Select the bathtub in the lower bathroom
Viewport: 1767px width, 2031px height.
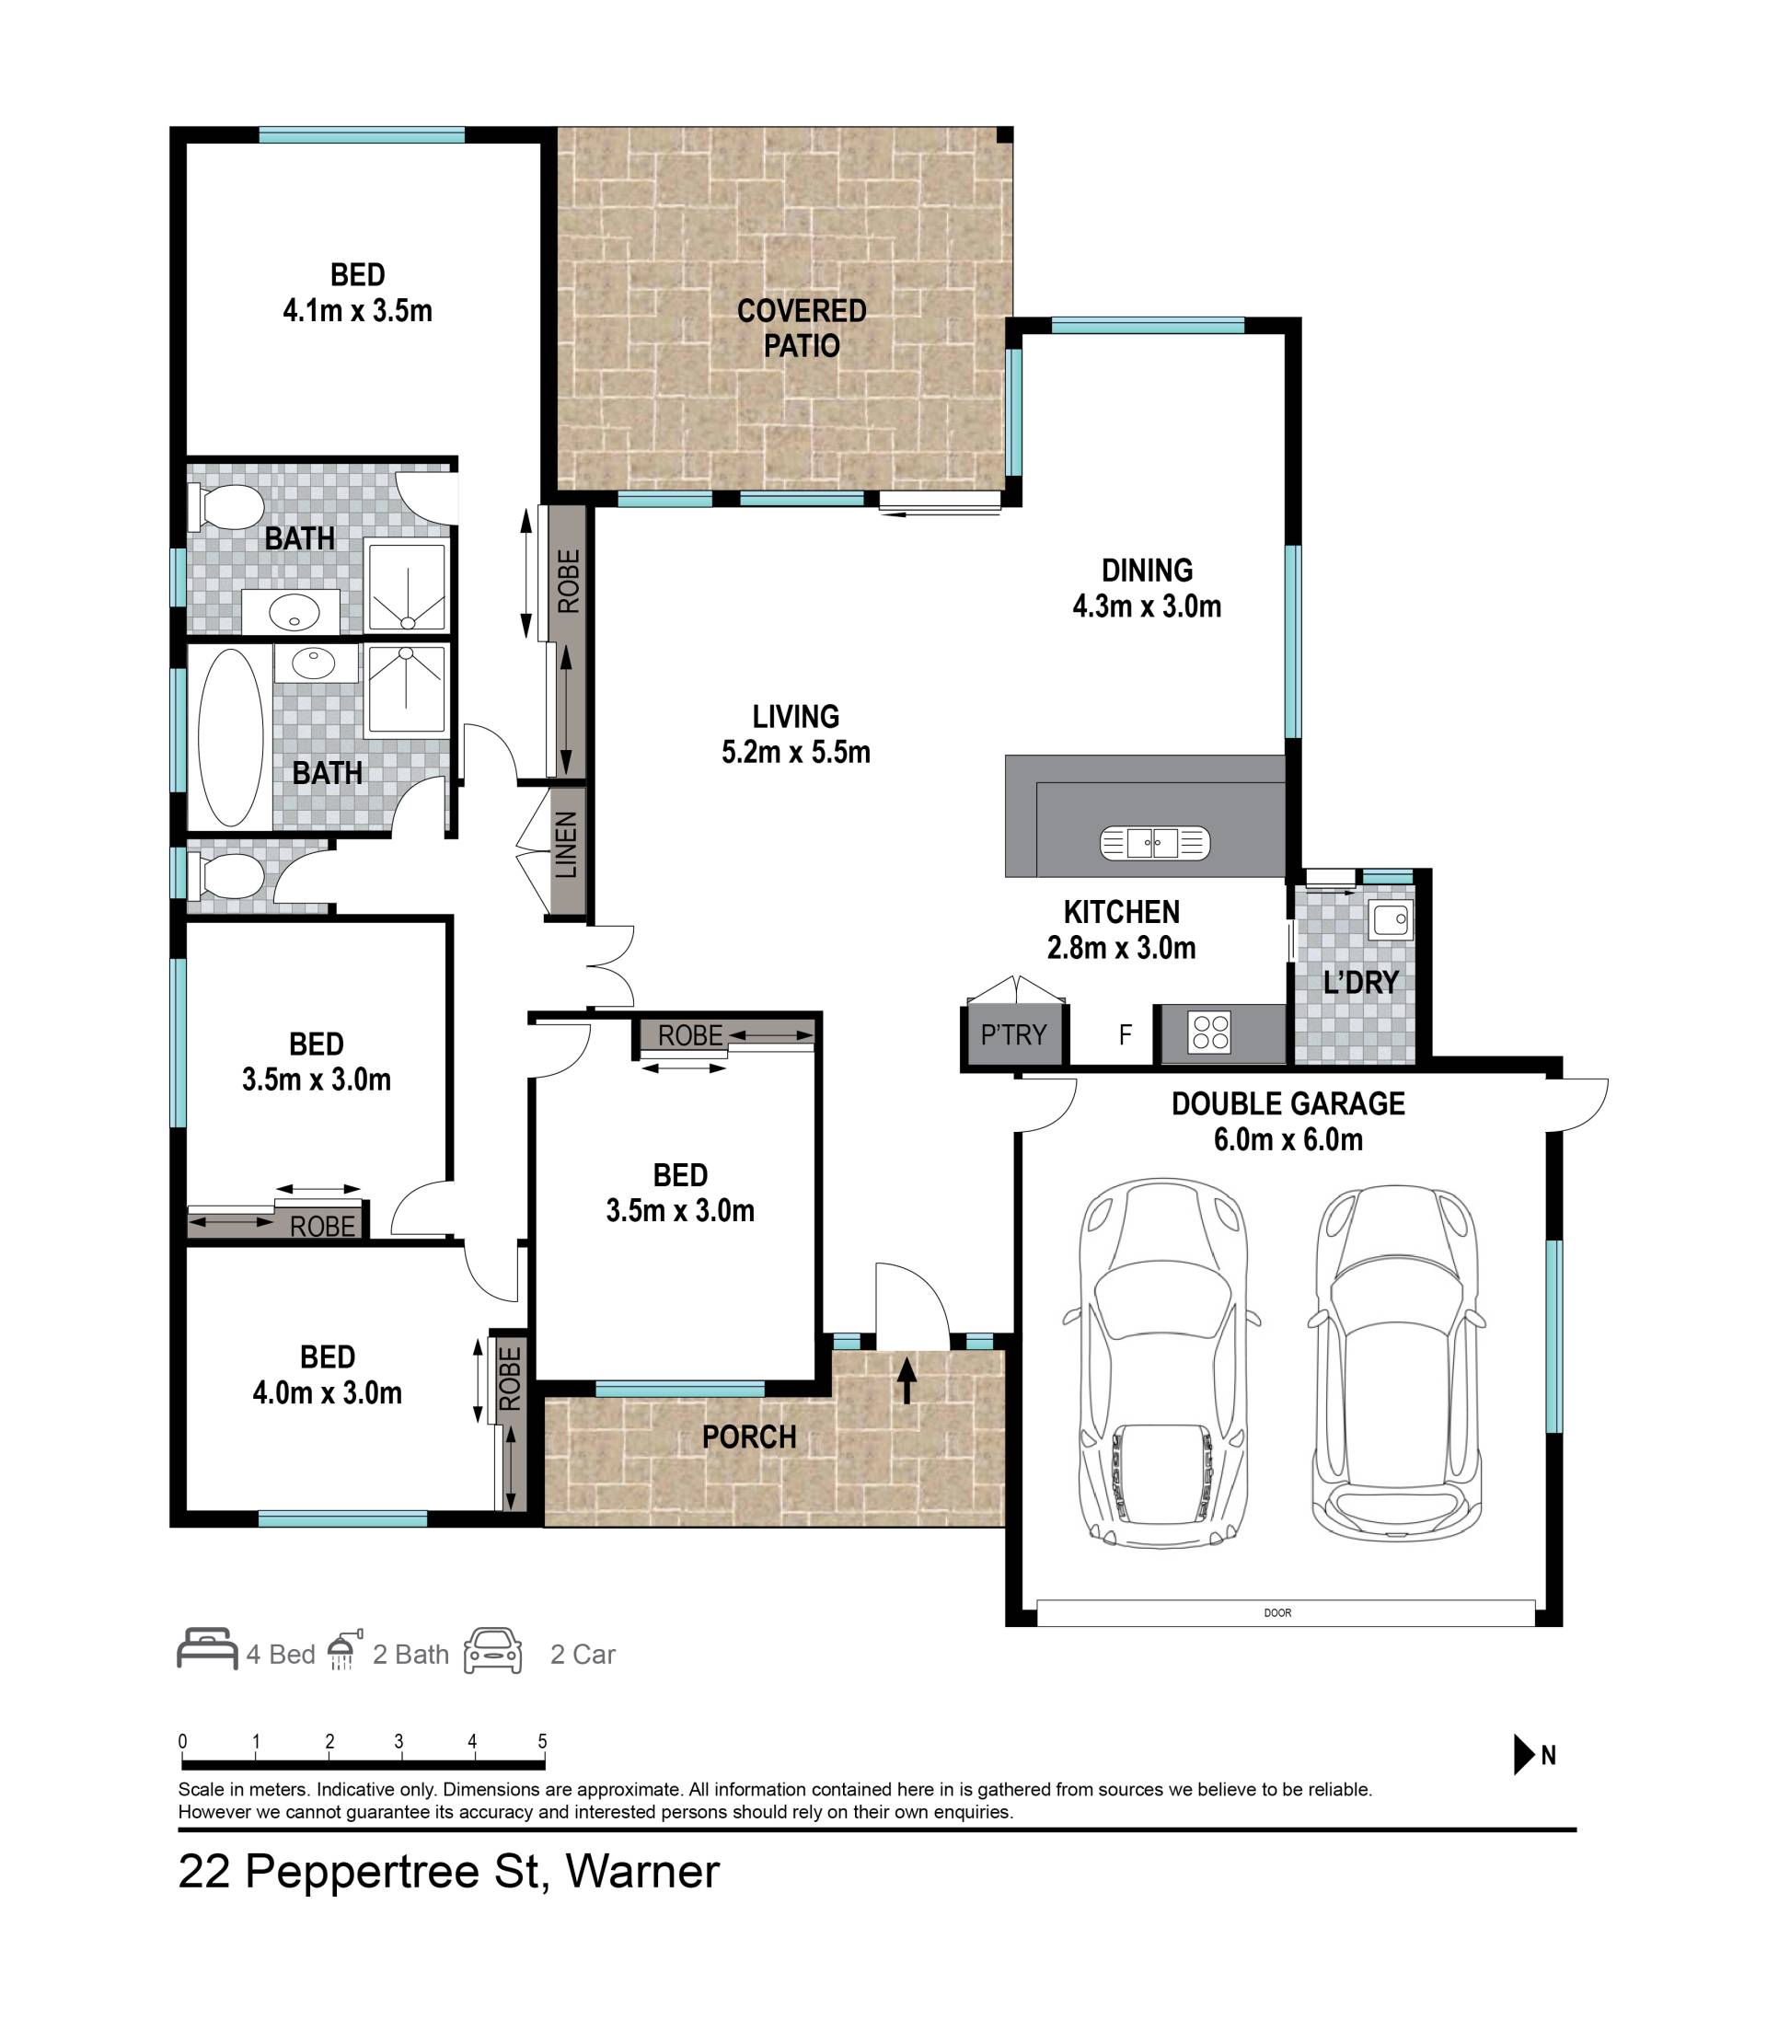point(231,736)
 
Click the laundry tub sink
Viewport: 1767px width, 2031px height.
point(1391,919)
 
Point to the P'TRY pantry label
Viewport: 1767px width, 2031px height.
point(1012,1034)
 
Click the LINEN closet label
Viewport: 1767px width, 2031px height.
point(565,845)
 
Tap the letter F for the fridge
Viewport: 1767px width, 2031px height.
point(1125,1034)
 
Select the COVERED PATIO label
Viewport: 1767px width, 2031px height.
point(802,329)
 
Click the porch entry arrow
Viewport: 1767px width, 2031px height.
point(907,1380)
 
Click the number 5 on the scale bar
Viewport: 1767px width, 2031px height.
point(542,1741)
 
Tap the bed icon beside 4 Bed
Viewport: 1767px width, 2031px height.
point(207,1649)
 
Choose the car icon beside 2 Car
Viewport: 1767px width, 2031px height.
point(493,1650)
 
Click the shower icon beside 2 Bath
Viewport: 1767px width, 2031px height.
point(344,1648)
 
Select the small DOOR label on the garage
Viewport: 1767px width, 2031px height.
point(1277,1613)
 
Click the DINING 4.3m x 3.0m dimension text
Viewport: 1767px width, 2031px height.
point(1147,606)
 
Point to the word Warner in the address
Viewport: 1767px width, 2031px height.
point(643,1870)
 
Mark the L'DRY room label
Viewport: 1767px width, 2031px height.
point(1361,982)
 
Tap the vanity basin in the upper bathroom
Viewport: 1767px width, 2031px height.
point(292,612)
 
